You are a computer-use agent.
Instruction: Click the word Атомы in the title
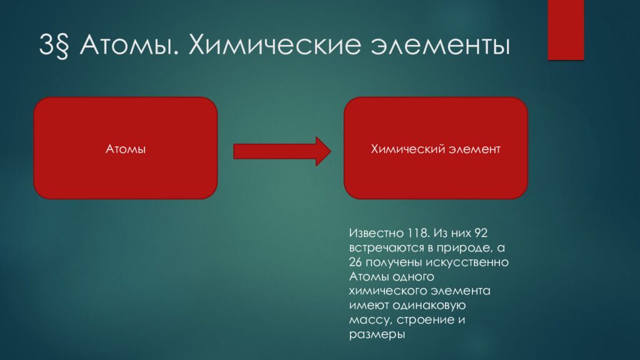[129, 44]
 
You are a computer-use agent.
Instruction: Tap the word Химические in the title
[275, 44]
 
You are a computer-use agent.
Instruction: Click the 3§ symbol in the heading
[54, 45]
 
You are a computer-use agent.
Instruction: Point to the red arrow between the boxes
[282, 151]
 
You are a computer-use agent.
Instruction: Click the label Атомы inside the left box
[126, 149]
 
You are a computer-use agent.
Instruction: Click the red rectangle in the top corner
[566, 30]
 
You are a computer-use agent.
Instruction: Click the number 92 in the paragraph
[481, 233]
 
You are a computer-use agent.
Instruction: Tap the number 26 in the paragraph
[356, 262]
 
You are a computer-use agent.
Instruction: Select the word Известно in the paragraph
[376, 233]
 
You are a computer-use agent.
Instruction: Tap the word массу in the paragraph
[370, 319]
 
